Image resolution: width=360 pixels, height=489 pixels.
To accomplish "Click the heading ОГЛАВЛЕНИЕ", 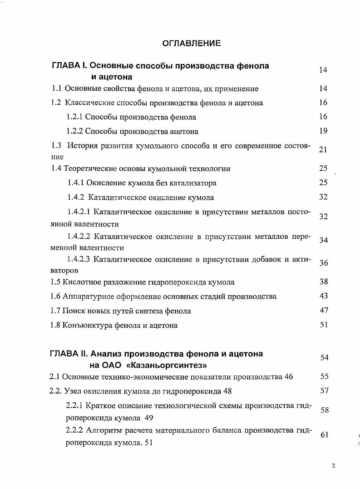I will point(192,44).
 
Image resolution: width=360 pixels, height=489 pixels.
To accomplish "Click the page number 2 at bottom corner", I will point(334,466).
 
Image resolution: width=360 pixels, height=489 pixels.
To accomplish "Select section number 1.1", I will point(56,89).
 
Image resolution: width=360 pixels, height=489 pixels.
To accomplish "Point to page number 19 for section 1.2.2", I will point(323,131).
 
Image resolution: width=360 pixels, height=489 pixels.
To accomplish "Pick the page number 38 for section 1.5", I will point(323,282).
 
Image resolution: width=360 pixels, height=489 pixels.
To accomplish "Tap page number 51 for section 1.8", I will point(323,325).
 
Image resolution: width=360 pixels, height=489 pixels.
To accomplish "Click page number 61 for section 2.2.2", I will point(324,435).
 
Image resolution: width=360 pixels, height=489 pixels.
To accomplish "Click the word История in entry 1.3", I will point(83,146).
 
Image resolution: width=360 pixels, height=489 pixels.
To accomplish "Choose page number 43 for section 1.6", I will point(323,296).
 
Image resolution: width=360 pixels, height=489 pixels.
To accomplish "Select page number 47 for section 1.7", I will point(323,311).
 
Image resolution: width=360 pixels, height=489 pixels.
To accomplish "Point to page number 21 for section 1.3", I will point(323,150).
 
